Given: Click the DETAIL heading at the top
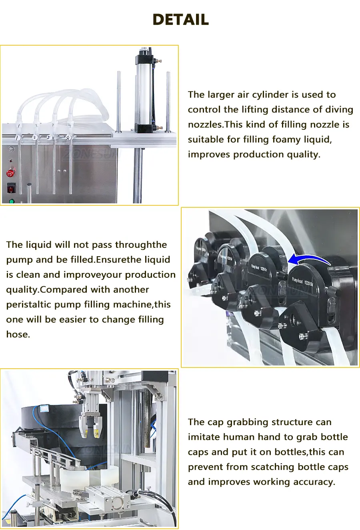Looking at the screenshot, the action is click(x=180, y=19).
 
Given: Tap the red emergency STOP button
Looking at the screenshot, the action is click(x=10, y=173).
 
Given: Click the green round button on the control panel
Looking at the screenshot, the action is click(x=11, y=201).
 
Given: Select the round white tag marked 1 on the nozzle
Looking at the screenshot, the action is click(x=17, y=138).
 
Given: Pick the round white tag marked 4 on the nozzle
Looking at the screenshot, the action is click(x=68, y=138).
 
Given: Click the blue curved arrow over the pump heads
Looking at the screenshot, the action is click(x=310, y=259).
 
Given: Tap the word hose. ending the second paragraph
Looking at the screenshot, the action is click(x=18, y=334).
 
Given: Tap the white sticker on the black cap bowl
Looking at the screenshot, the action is click(x=44, y=409).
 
